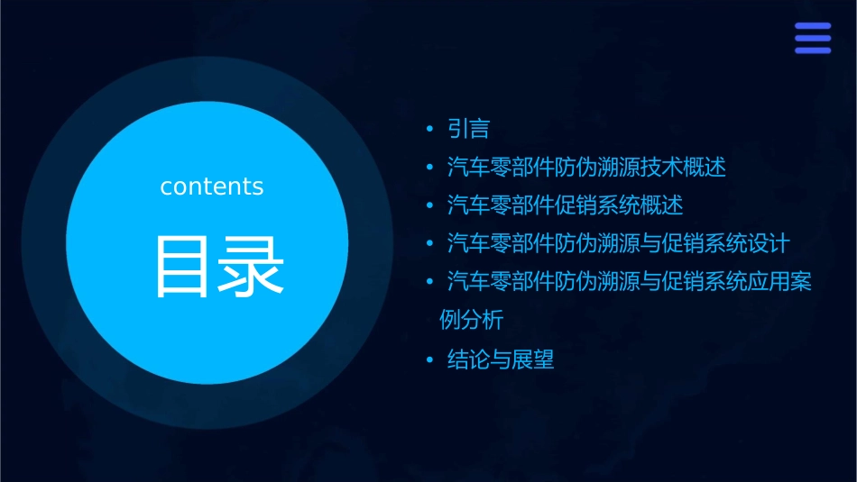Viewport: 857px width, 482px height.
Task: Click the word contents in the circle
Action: [x=212, y=186]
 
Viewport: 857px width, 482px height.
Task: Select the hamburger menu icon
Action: [x=812, y=39]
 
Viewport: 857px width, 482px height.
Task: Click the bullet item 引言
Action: [x=468, y=129]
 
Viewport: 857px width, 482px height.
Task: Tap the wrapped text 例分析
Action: [x=471, y=321]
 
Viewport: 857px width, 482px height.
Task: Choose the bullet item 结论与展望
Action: [x=501, y=360]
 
